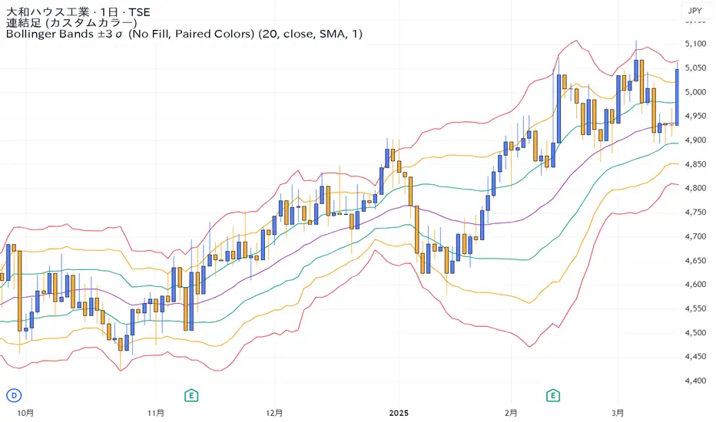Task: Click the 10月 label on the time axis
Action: [25, 412]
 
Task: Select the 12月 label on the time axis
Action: [273, 412]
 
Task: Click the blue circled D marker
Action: [12, 395]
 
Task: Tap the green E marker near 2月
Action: [552, 395]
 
